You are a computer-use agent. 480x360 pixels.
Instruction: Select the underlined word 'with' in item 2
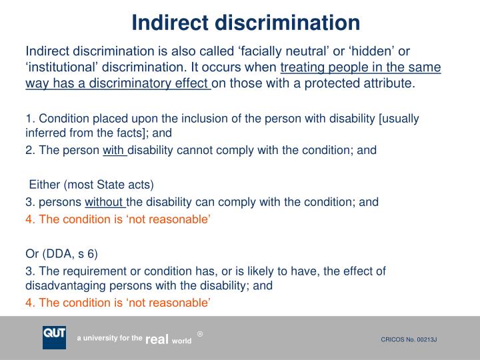click(114, 150)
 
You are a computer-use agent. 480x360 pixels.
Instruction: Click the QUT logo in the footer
click(54, 337)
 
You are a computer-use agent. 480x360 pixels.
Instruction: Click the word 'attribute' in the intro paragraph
click(388, 83)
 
